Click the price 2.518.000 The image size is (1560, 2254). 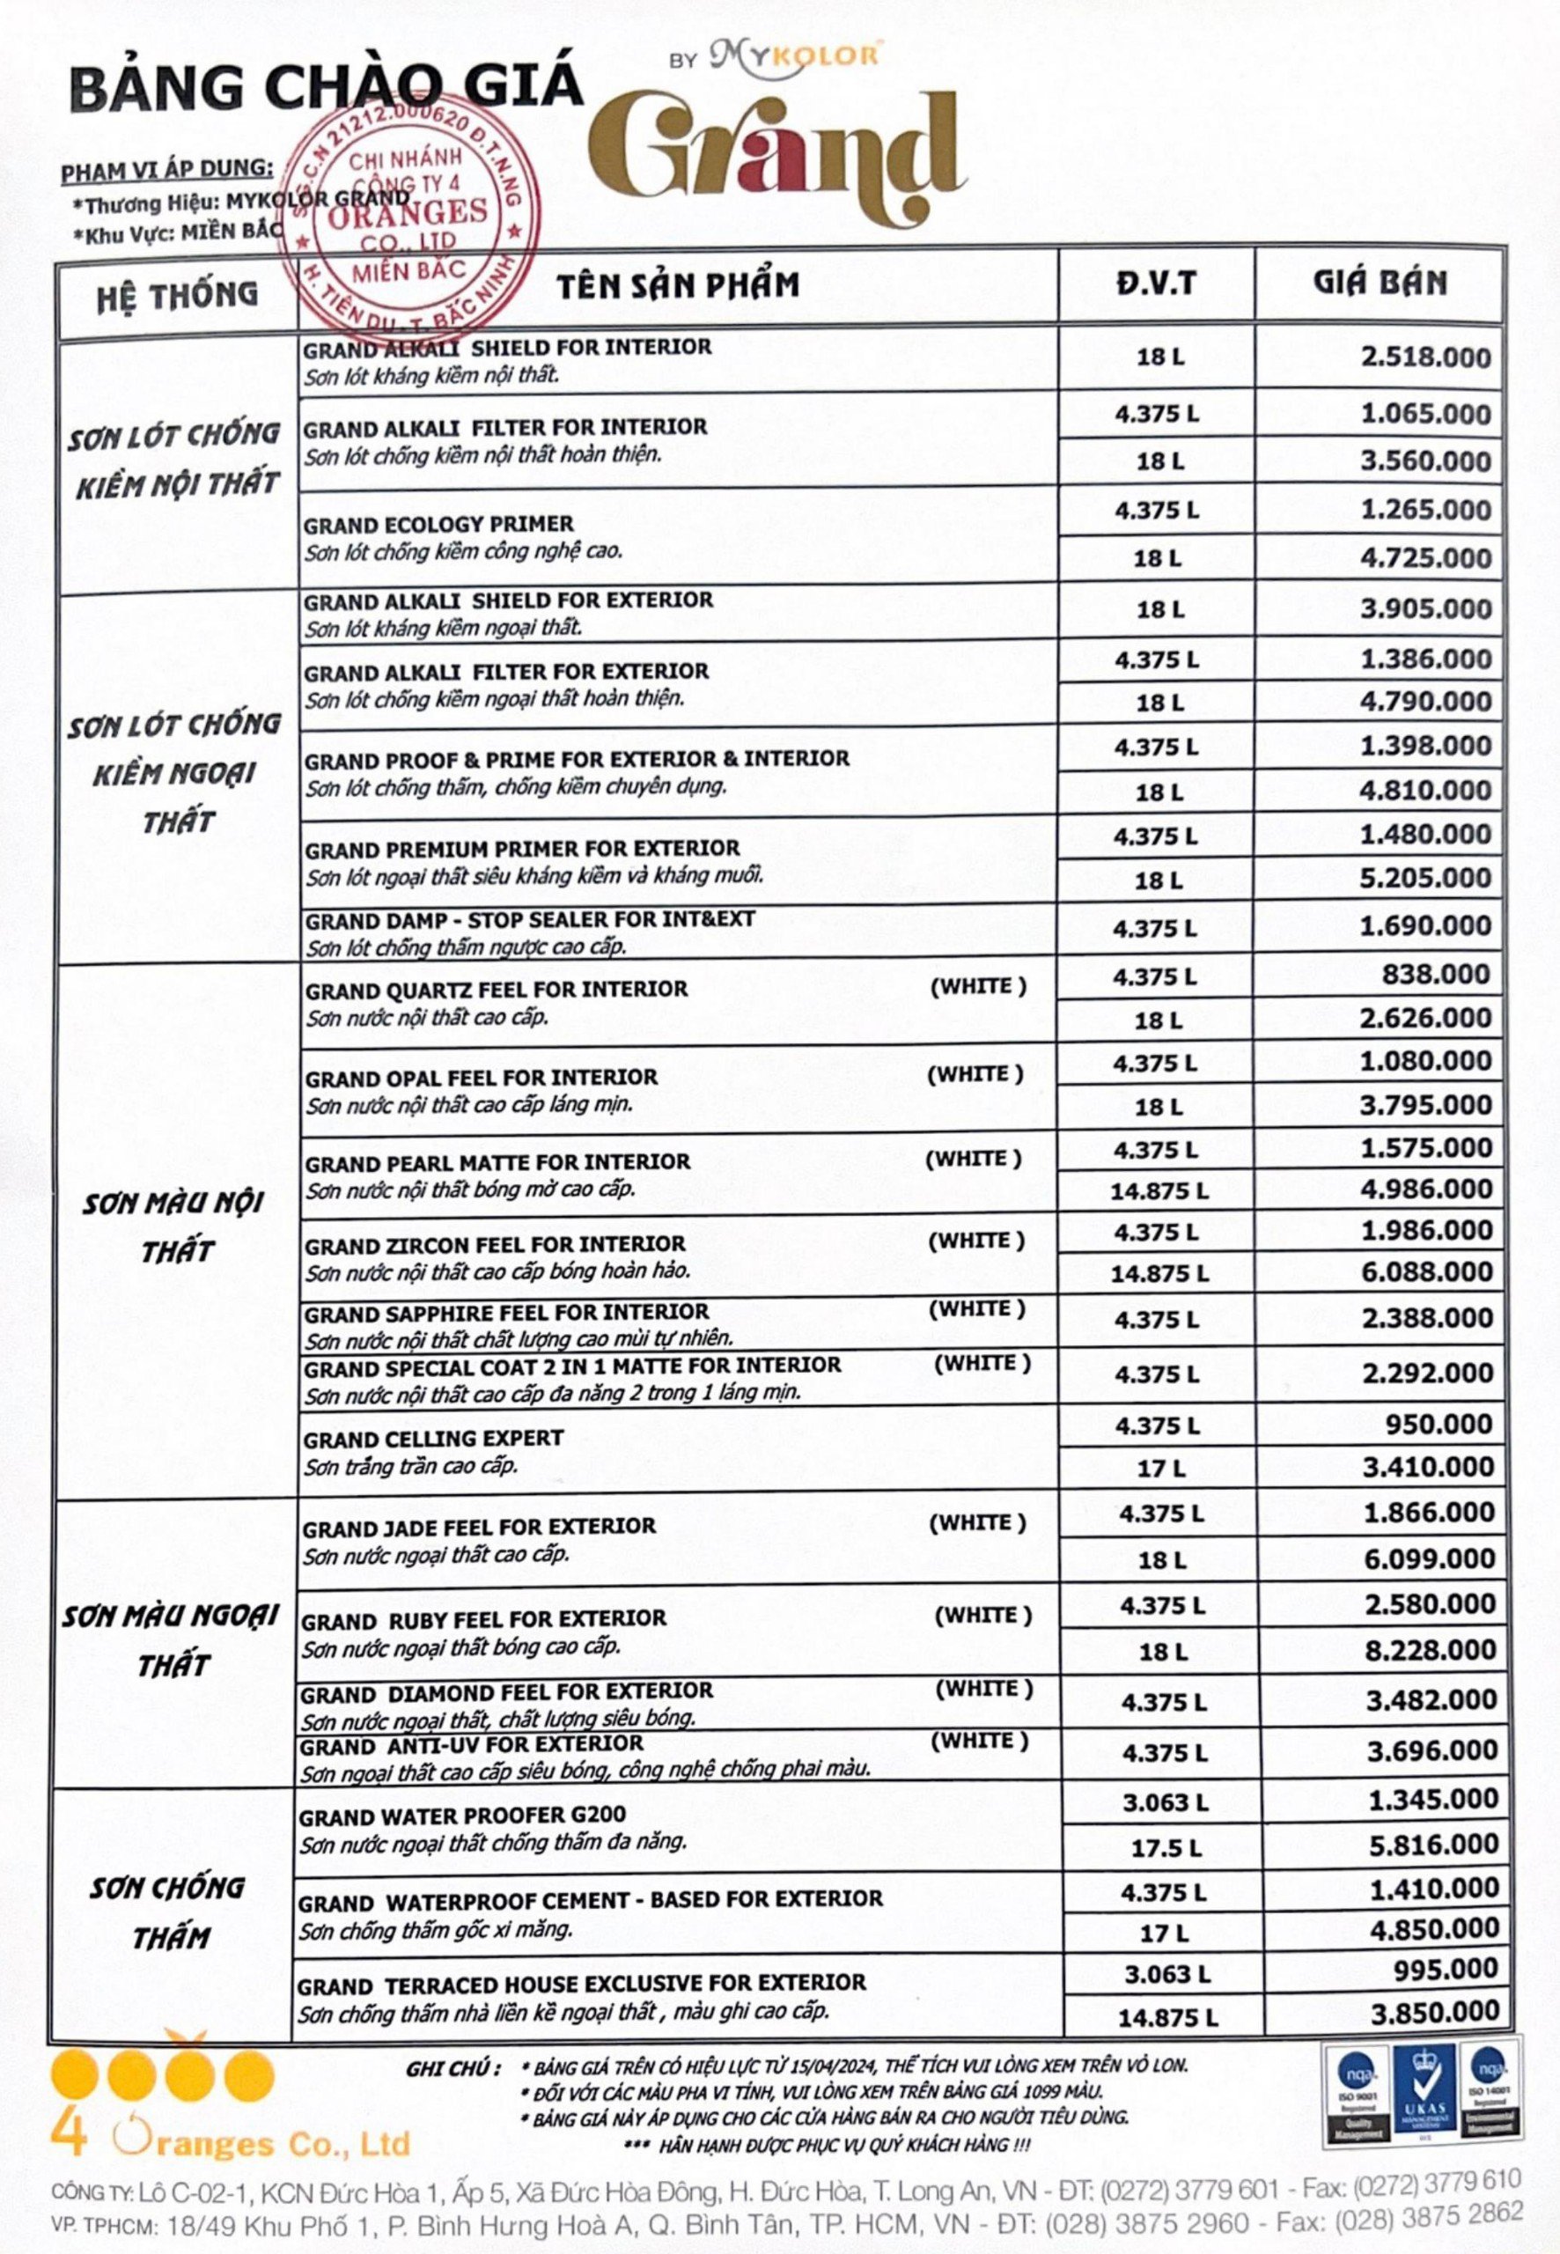click(x=1425, y=357)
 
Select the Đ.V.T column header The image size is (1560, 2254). click(x=1156, y=283)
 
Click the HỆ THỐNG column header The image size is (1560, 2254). click(x=177, y=293)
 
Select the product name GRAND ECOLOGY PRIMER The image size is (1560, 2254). click(x=438, y=524)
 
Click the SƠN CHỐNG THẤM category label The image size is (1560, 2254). click(x=167, y=1911)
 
